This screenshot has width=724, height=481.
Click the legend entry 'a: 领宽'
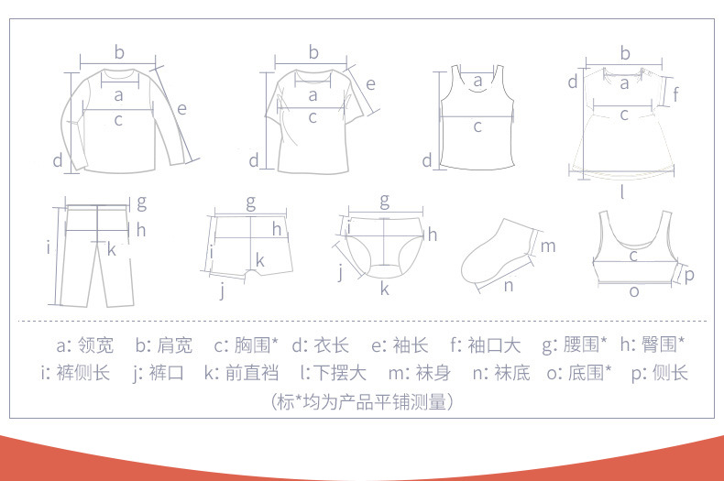point(84,345)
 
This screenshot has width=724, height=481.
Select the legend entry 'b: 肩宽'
point(163,345)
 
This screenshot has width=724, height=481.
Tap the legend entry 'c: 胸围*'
point(247,344)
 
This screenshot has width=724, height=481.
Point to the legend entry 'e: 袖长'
point(400,345)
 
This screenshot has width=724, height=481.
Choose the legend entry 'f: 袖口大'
point(486,345)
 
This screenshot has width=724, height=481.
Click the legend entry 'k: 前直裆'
point(241,373)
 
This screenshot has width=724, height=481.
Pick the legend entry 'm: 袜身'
point(419,373)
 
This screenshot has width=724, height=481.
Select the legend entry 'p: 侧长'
point(659,373)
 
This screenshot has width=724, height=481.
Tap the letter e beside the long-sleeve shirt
point(182,109)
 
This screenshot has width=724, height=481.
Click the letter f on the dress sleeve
point(675,94)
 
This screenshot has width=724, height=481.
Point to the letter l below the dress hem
point(622,191)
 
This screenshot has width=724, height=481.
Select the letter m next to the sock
point(548,246)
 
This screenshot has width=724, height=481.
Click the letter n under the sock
point(509,286)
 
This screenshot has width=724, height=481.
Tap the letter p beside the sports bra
point(689,276)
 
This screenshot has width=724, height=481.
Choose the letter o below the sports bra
point(634,291)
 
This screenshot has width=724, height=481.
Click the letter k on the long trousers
point(111,249)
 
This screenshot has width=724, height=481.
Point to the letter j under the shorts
point(223,291)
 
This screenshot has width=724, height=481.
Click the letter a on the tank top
point(477,82)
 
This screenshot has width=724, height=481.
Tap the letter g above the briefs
point(384,202)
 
